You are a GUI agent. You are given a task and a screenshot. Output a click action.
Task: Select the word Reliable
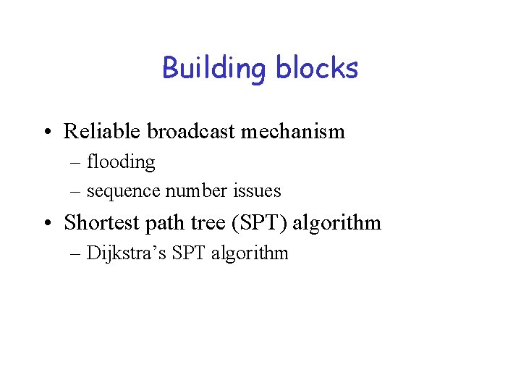coord(102,131)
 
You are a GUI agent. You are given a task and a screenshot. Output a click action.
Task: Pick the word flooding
coord(121,162)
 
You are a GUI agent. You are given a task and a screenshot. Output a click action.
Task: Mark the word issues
coord(254,191)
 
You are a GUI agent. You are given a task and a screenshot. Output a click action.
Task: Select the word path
coord(166,223)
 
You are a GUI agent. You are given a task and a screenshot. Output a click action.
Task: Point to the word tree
coord(208,222)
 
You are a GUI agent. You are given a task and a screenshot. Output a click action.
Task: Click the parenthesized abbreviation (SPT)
coord(260,222)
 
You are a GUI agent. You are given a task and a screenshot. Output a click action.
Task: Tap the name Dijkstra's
coord(124,253)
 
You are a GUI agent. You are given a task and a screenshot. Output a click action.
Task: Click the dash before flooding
coord(76,163)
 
